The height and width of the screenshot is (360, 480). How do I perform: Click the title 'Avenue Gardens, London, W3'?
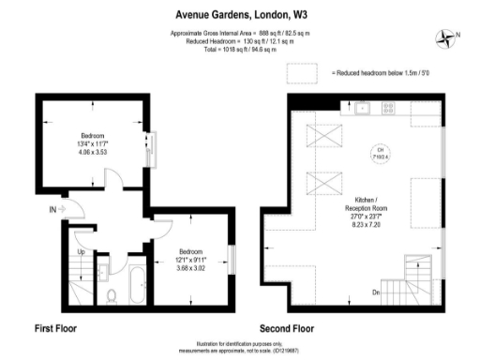(239, 15)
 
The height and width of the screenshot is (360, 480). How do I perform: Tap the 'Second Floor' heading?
(287, 329)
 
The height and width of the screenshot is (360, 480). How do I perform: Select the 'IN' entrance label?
(53, 209)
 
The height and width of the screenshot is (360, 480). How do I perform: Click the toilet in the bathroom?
(112, 295)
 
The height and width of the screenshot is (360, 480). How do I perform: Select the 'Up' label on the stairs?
(81, 252)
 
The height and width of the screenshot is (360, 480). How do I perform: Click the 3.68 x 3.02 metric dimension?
(192, 268)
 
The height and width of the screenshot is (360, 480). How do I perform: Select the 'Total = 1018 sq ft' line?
(239, 49)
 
